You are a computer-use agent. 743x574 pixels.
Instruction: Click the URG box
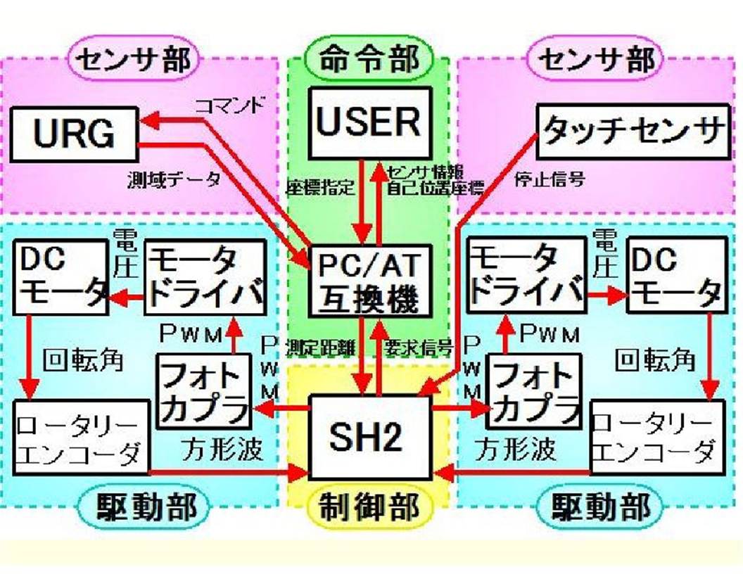(x=75, y=134)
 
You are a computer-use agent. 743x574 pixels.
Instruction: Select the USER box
(x=369, y=122)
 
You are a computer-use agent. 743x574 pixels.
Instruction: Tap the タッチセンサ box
(x=633, y=131)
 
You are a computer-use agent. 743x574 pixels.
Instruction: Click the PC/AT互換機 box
(x=369, y=281)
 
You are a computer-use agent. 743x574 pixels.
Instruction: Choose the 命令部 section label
(x=369, y=59)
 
